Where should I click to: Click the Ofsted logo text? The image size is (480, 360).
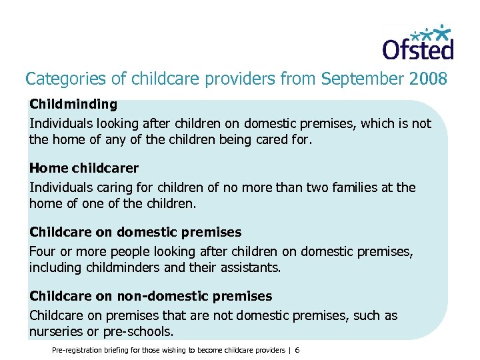417,49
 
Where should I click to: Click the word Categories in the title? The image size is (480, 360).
56,79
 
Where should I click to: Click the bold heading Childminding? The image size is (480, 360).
73,105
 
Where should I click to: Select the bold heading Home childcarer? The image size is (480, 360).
84,169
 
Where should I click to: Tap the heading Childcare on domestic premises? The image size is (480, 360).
135,233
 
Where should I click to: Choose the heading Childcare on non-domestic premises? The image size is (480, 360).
151,296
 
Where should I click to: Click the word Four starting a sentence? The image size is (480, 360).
42,252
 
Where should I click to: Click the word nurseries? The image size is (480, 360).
56,331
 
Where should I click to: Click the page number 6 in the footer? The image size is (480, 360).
297,351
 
